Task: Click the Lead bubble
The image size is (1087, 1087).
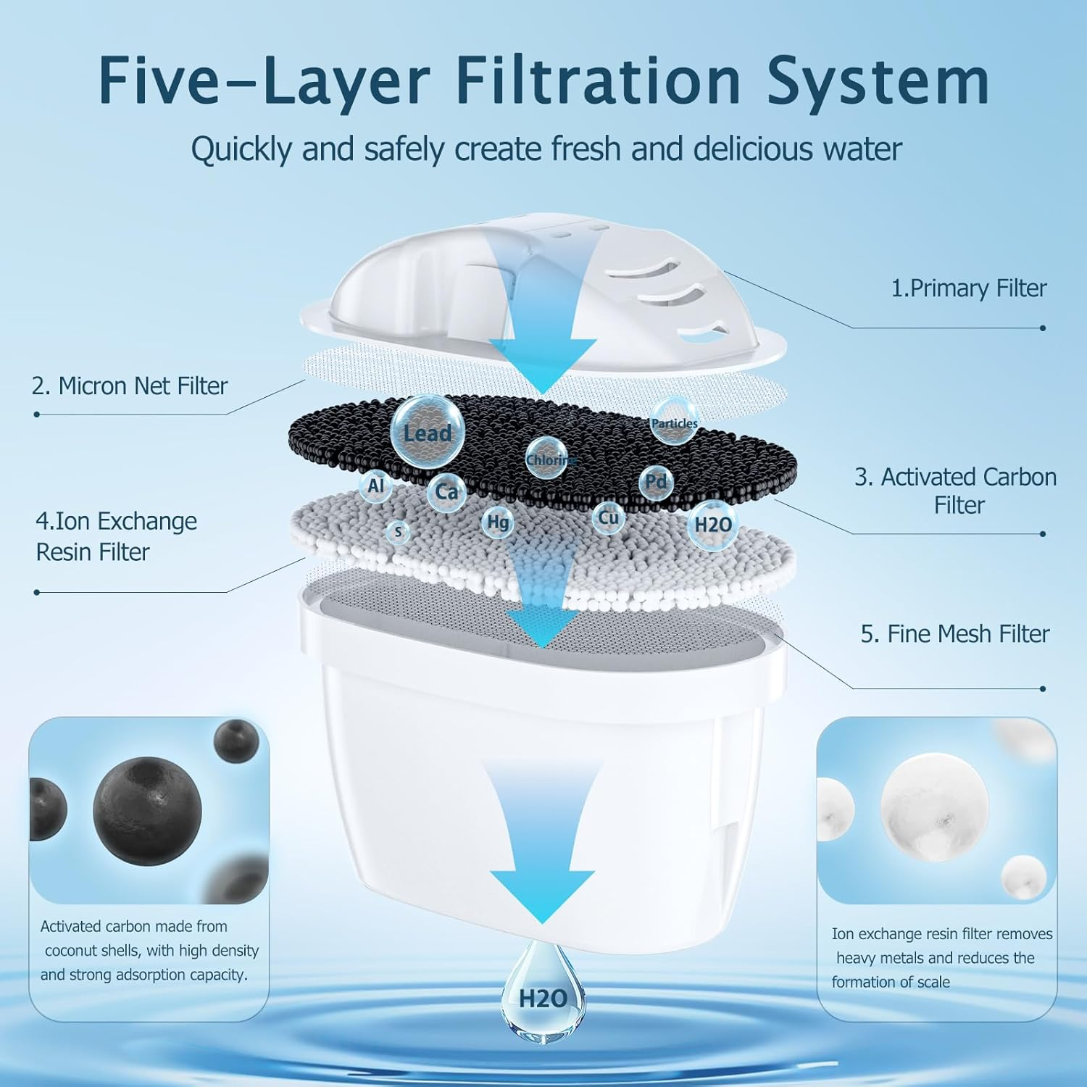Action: (426, 432)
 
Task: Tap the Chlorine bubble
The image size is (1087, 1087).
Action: (547, 458)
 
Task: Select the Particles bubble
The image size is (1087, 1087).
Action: (674, 422)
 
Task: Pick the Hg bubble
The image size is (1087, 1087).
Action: (498, 522)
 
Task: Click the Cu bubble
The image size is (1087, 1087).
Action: (608, 517)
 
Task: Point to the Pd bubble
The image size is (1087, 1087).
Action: (656, 482)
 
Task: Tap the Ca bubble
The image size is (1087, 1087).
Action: (446, 492)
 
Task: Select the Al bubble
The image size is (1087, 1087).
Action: (375, 486)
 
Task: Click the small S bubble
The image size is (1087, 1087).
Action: (397, 532)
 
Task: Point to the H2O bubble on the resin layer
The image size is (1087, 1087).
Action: (713, 525)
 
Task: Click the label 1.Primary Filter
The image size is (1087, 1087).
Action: (968, 288)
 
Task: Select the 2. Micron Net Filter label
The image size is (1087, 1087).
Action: (130, 386)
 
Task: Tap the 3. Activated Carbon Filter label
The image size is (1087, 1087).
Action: (956, 491)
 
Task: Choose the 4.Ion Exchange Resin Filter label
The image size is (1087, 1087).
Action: (116, 536)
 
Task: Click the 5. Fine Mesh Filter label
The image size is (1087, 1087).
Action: (954, 634)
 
